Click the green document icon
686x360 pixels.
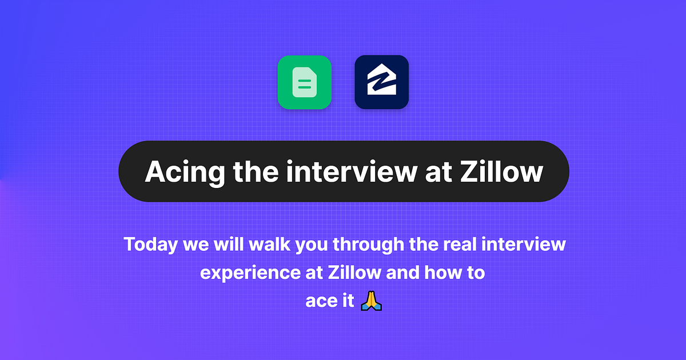click(x=305, y=82)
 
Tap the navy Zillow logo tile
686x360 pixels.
click(x=381, y=82)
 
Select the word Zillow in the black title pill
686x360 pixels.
click(x=501, y=171)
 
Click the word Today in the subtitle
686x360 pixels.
click(x=151, y=245)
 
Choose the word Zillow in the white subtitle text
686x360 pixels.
click(x=354, y=273)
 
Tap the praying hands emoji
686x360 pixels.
click(x=371, y=300)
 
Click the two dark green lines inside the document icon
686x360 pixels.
click(x=305, y=85)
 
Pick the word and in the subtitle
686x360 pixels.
click(x=403, y=273)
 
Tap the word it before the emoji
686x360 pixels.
click(x=346, y=301)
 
